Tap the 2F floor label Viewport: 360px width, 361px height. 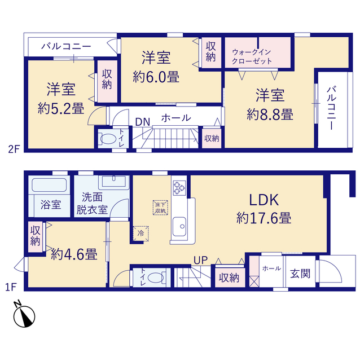tap(14, 149)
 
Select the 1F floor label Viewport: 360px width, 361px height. tap(11, 287)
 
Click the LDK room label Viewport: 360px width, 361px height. tap(264, 200)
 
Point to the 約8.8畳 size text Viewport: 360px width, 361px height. tap(270, 114)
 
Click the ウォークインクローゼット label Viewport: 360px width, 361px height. tap(252, 56)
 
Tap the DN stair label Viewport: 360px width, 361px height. tap(143, 122)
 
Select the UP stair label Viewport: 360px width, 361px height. tap(201, 260)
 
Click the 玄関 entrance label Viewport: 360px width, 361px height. tap(300, 274)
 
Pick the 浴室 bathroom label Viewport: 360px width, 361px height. tap(51, 204)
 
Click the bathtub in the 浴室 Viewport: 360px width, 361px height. tap(49, 185)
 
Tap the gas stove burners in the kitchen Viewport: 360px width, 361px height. tap(179, 188)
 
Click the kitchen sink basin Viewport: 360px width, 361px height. tap(179, 226)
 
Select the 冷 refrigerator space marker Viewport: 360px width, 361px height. tap(141, 234)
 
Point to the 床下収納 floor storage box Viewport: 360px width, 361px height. tap(160, 208)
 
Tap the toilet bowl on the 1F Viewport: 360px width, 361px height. tap(156, 278)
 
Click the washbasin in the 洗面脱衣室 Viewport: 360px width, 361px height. tap(114, 182)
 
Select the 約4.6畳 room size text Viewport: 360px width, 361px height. tap(74, 254)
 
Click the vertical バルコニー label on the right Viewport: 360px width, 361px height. tap(332, 108)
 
